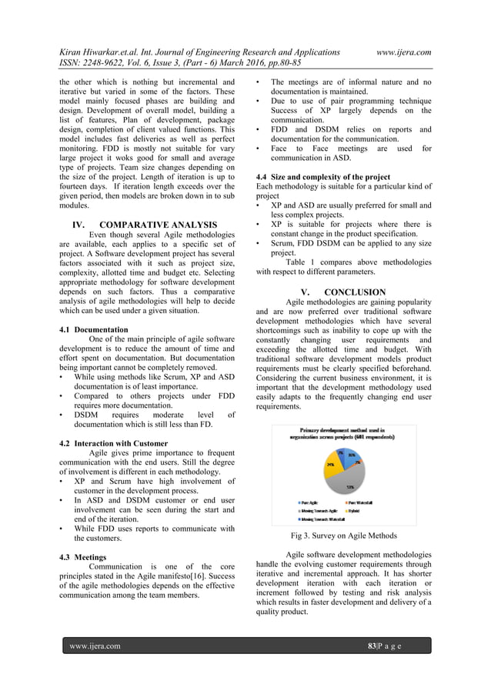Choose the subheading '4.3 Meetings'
pyautogui.click(x=83, y=556)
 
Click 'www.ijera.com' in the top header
pyautogui.click(x=402, y=52)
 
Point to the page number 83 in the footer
pyautogui.click(x=373, y=646)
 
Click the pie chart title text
pyautogui.click(x=342, y=432)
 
